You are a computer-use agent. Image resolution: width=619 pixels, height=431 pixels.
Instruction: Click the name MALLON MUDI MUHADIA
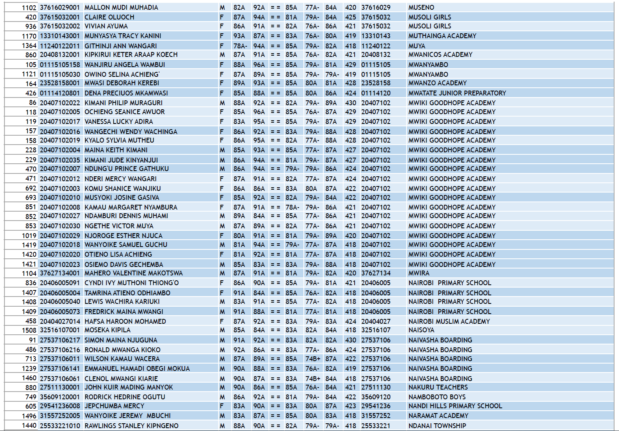(121, 7)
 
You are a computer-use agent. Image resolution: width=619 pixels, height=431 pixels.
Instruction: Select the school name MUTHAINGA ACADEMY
(442, 36)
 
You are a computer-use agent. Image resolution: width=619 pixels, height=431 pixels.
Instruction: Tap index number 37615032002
(60, 26)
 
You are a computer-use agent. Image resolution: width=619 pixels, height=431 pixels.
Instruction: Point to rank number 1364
(29, 46)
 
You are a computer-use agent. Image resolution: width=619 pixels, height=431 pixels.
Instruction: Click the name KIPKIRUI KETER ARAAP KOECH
(131, 54)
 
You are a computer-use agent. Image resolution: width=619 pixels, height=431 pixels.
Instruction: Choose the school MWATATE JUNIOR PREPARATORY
(457, 93)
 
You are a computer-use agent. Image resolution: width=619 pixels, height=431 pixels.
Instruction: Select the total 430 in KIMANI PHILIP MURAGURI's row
(351, 103)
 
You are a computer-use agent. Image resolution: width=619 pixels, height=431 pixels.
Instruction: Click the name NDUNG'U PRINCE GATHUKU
(126, 169)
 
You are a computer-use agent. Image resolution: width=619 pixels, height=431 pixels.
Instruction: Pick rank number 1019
(29, 236)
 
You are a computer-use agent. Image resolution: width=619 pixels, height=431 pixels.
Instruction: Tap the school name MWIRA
(419, 273)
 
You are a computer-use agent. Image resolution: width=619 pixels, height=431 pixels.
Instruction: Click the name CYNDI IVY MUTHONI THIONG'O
(131, 283)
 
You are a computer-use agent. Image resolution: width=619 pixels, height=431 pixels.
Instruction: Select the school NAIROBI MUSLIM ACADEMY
(449, 321)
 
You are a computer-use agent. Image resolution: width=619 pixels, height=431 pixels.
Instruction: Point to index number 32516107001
(60, 330)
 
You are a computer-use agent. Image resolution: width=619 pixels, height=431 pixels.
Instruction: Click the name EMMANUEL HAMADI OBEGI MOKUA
(137, 368)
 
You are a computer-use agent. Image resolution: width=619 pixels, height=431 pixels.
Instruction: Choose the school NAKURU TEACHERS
(438, 387)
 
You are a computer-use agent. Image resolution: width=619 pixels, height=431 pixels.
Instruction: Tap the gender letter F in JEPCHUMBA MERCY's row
(222, 406)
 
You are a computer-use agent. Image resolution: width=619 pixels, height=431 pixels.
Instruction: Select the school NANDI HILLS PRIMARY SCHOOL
(455, 406)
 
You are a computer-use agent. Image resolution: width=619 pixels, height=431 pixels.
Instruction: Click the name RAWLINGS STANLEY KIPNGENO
(131, 426)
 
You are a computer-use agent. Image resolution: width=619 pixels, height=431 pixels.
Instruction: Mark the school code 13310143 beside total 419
(376, 36)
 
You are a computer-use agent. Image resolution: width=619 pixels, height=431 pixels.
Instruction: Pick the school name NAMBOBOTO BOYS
(437, 397)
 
